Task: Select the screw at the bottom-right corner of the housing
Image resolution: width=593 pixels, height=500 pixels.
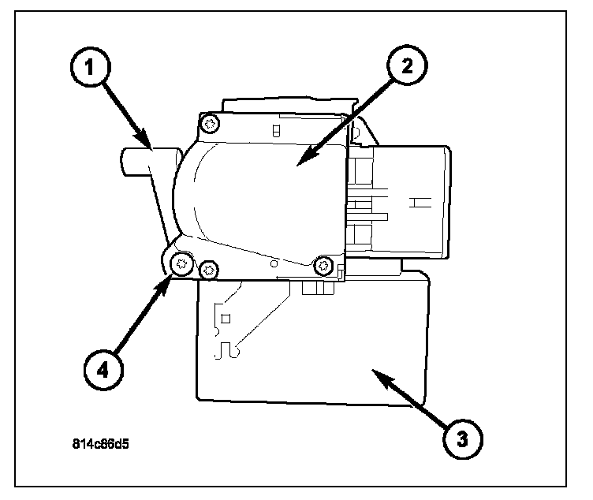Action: pyautogui.click(x=323, y=267)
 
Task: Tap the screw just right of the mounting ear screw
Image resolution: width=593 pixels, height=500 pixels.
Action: pyautogui.click(x=207, y=271)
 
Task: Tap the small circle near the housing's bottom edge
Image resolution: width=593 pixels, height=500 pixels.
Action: pyautogui.click(x=273, y=259)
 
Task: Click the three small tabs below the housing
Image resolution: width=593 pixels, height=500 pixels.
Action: pyautogui.click(x=313, y=289)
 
